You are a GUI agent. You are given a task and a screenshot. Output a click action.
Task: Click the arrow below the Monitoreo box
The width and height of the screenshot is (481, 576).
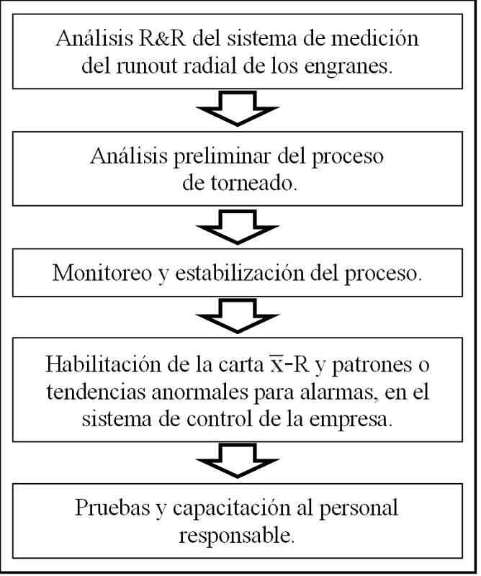coord(239,312)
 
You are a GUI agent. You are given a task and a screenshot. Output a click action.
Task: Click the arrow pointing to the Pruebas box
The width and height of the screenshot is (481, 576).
coord(239,460)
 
